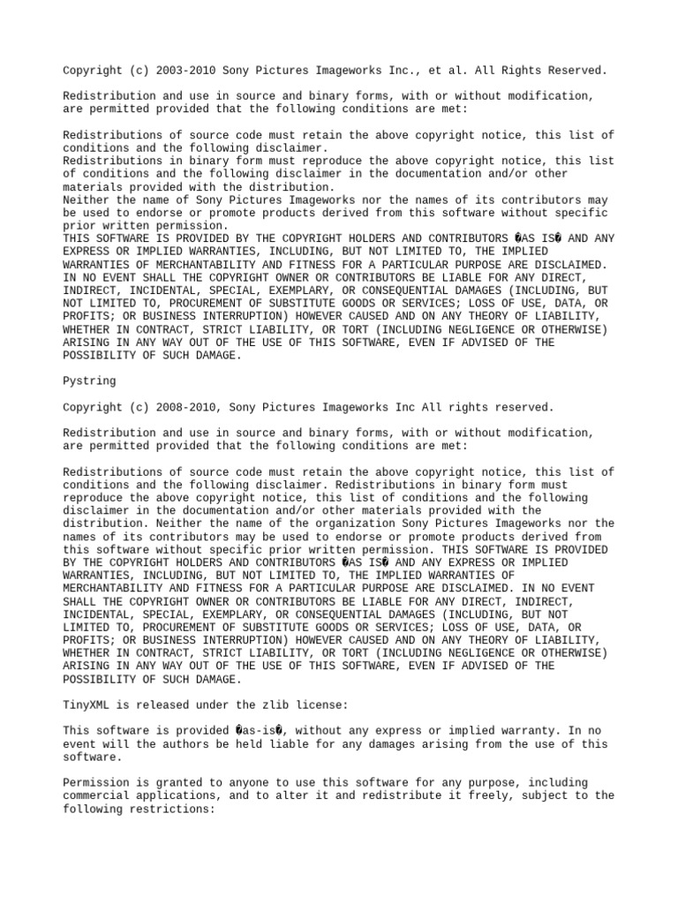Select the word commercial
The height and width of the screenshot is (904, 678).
coord(96,795)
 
